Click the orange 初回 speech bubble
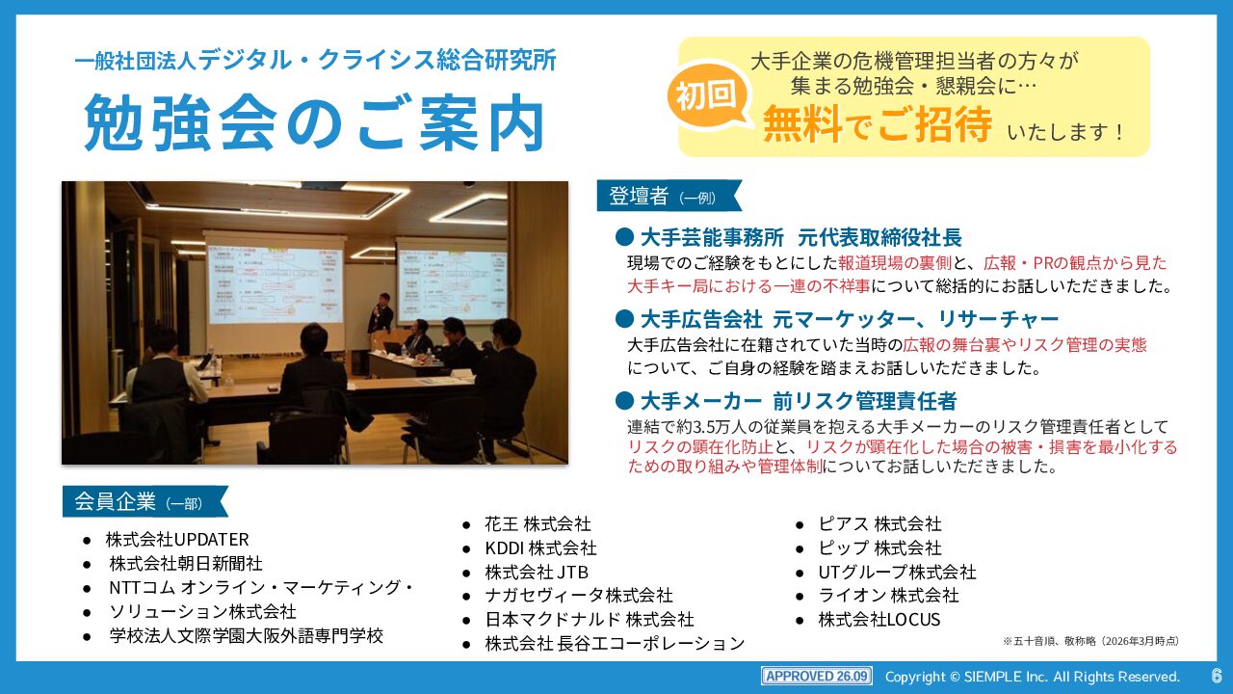(x=707, y=95)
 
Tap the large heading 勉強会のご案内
(x=314, y=122)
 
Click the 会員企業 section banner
(x=144, y=501)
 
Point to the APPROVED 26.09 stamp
(x=817, y=676)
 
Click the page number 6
(x=1216, y=676)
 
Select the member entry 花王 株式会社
(x=538, y=523)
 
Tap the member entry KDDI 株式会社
(x=540, y=548)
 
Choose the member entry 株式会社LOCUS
(x=879, y=620)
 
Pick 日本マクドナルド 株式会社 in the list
(x=589, y=620)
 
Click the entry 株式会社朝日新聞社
(x=186, y=564)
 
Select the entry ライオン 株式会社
(x=888, y=596)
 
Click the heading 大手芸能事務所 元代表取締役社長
(x=800, y=238)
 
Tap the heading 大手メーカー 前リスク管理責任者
(x=799, y=402)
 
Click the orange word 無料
(x=802, y=124)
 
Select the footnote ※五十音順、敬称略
(x=1090, y=641)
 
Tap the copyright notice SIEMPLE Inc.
(x=1032, y=677)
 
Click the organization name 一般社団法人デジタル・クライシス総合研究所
(x=315, y=60)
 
